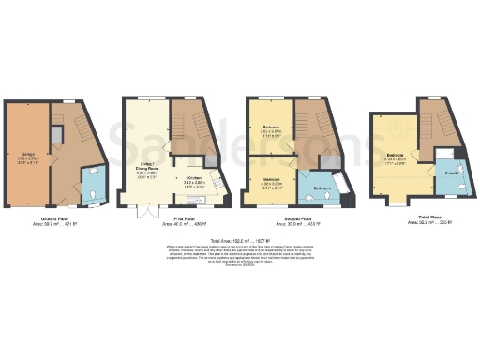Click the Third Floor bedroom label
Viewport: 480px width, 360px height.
[395, 156]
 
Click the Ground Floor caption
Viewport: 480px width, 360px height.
[55, 217]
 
